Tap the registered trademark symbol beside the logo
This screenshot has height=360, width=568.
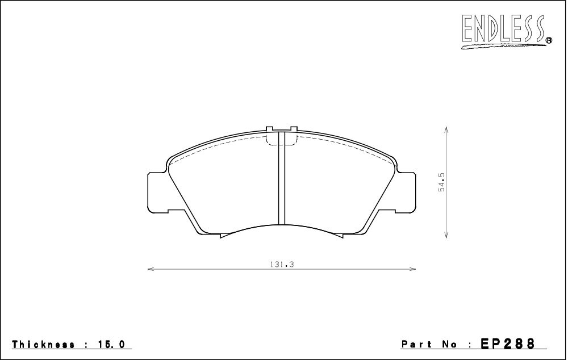click(549, 40)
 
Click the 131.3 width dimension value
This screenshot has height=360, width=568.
click(282, 265)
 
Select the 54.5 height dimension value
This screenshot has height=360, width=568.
click(441, 182)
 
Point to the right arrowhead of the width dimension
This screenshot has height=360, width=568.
click(412, 269)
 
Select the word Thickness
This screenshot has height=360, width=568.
click(43, 344)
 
